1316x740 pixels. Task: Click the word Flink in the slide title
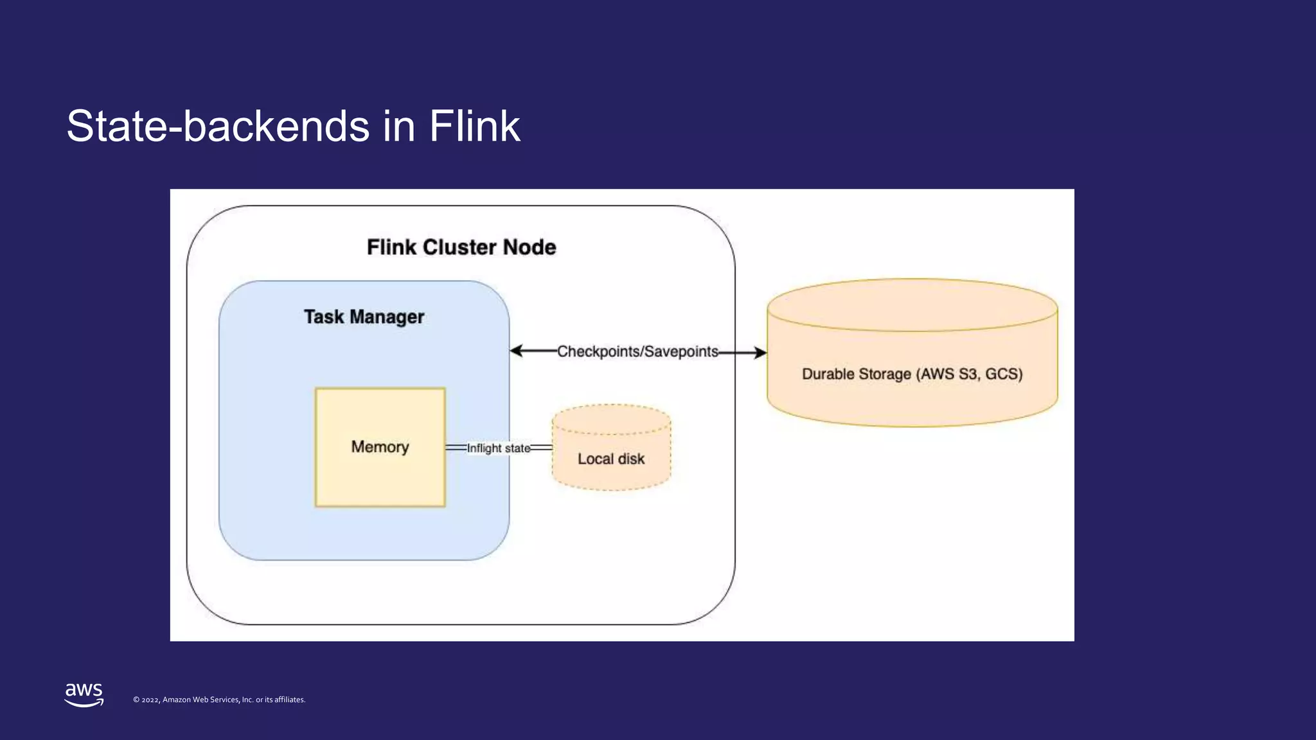pos(474,126)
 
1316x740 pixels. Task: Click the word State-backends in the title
pos(218,126)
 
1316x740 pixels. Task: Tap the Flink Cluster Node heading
pos(461,247)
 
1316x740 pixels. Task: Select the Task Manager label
pos(364,317)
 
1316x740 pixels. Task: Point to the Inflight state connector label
pos(498,448)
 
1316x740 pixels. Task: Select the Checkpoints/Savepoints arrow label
pos(637,351)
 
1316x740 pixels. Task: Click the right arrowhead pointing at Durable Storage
pos(760,353)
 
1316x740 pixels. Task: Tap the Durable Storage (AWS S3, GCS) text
pos(912,374)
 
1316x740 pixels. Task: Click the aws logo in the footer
pos(84,694)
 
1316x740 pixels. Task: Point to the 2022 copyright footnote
pos(219,700)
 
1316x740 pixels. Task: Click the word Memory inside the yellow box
pos(380,447)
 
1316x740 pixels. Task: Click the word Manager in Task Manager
pos(387,317)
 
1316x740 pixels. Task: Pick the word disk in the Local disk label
pos(631,459)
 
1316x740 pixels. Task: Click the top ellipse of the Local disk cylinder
pos(611,419)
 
